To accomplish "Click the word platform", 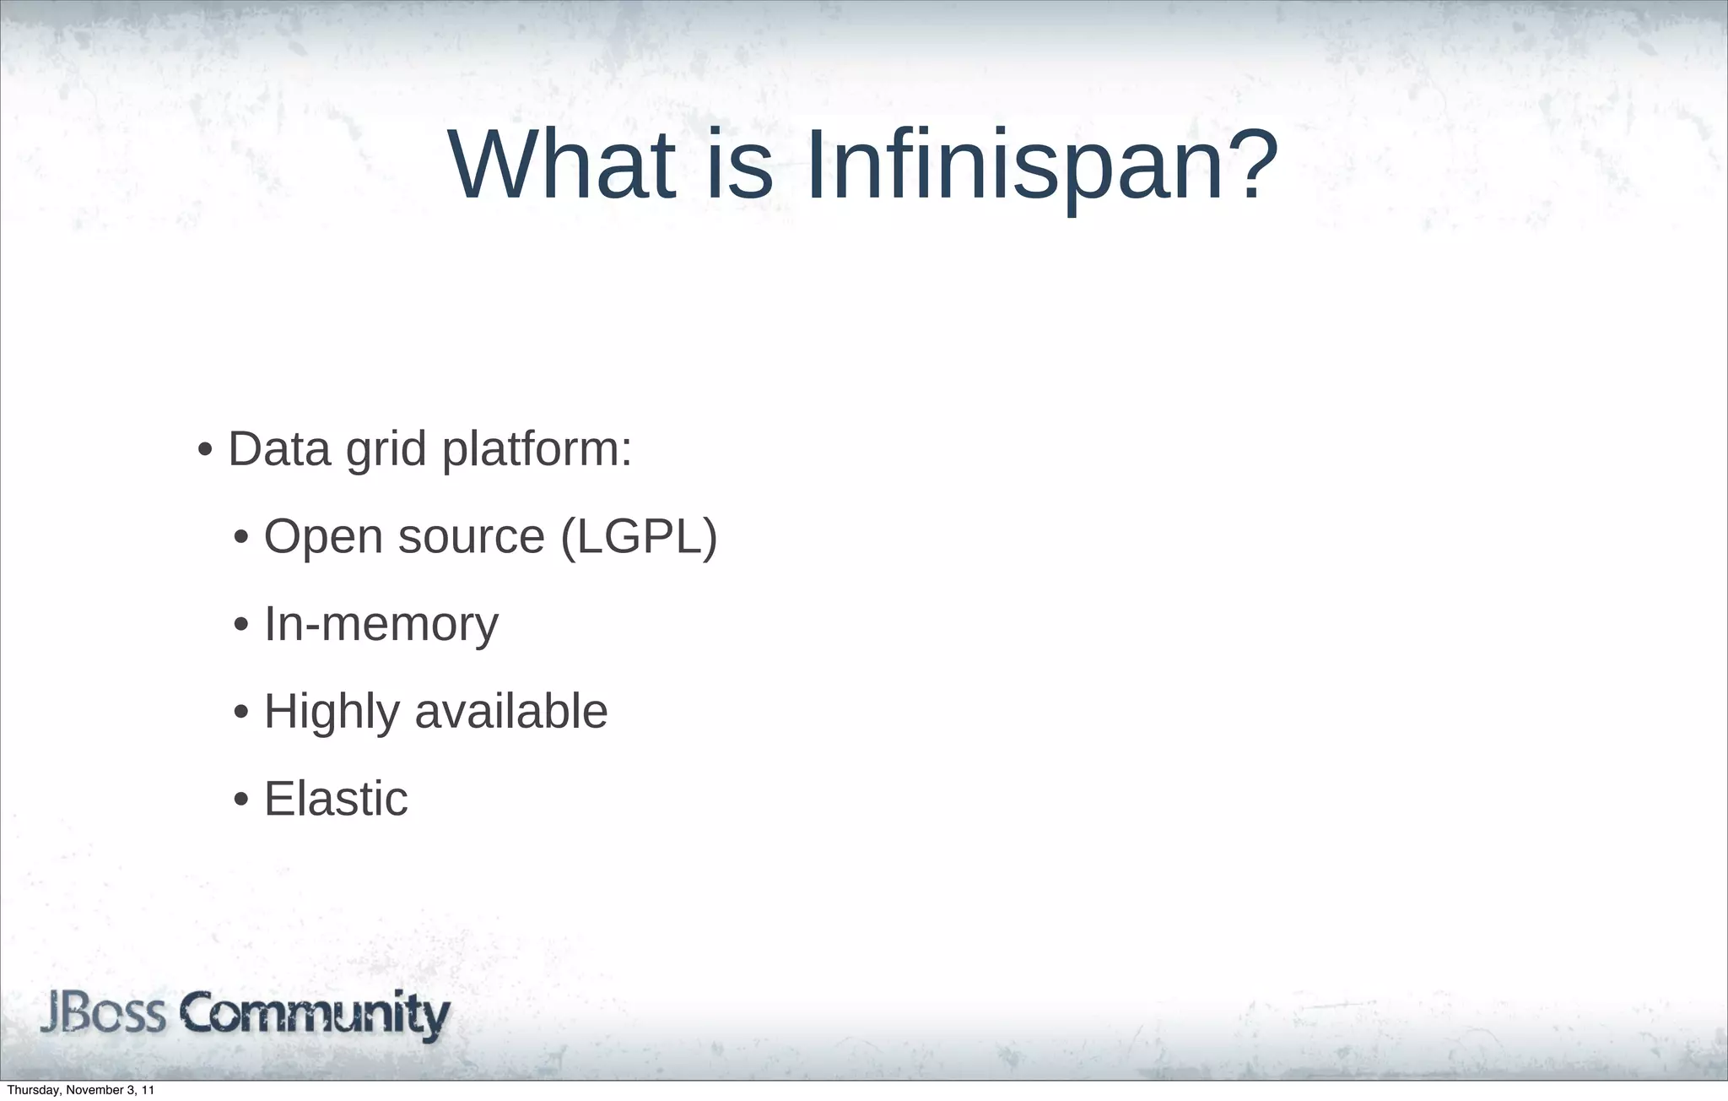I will (536, 450).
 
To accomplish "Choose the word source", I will (471, 538).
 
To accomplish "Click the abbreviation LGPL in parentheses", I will (639, 536).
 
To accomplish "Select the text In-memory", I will (381, 624).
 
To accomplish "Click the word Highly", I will (332, 712).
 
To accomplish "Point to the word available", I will (511, 711).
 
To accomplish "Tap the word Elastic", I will (336, 799).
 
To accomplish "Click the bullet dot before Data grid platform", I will (204, 450).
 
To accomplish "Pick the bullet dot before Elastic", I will (241, 800).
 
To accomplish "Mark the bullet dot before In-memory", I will (241, 626).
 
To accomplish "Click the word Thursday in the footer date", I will (31, 1090).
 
